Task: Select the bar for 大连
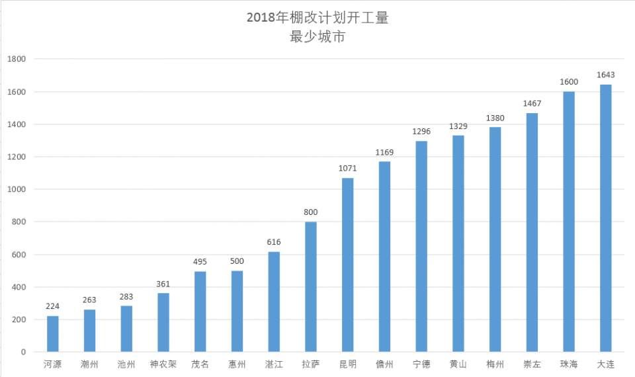click(605, 218)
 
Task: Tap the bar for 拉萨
click(311, 287)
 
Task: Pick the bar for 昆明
click(347, 265)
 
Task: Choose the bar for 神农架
click(163, 323)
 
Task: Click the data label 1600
click(569, 82)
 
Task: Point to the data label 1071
click(347, 169)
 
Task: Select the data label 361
click(163, 284)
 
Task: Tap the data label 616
click(274, 243)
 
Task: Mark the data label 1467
click(532, 104)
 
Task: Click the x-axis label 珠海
click(569, 364)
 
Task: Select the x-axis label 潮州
click(89, 364)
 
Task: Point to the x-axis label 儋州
click(384, 364)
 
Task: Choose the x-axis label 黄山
click(458, 364)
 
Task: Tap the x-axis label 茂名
click(200, 364)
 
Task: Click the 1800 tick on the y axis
click(16, 59)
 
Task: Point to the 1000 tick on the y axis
click(16, 189)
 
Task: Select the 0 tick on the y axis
click(22, 352)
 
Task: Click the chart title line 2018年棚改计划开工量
click(317, 18)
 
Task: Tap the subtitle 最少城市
click(317, 37)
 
